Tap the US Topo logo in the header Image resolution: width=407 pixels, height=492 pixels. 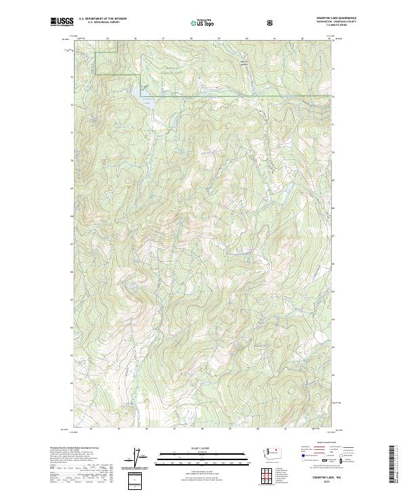203,22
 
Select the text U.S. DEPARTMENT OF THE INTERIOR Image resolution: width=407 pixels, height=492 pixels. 102,19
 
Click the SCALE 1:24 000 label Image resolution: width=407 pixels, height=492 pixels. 203,448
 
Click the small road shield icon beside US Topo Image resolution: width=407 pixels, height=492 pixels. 271,22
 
